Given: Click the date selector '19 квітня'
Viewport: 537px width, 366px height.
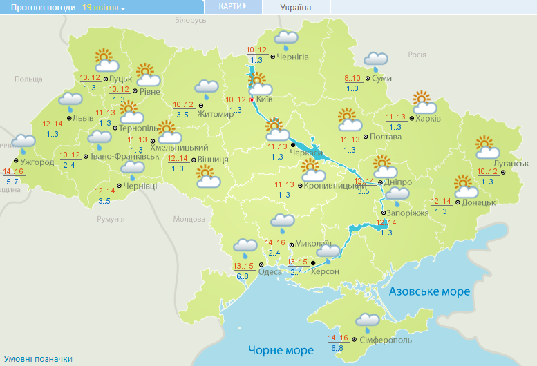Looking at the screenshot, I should click(103, 7).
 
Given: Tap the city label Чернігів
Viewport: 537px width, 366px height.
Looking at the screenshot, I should click(292, 57).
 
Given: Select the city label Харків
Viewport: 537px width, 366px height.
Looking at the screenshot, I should click(428, 118).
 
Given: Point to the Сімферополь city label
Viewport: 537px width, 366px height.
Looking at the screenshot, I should click(386, 340).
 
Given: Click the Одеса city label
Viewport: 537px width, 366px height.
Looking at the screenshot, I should click(269, 271).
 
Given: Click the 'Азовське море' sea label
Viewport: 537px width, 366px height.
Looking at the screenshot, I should click(429, 291).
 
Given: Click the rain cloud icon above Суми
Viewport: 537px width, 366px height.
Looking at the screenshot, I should click(375, 61).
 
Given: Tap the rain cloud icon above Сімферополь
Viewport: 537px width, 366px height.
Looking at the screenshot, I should click(367, 321).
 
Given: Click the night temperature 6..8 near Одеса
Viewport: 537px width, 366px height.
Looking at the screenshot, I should click(242, 277).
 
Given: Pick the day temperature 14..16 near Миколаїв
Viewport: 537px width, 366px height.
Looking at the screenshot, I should click(275, 243).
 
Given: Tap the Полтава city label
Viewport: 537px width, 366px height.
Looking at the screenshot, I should click(386, 137).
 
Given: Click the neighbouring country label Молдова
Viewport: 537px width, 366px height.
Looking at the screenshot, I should click(189, 219).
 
